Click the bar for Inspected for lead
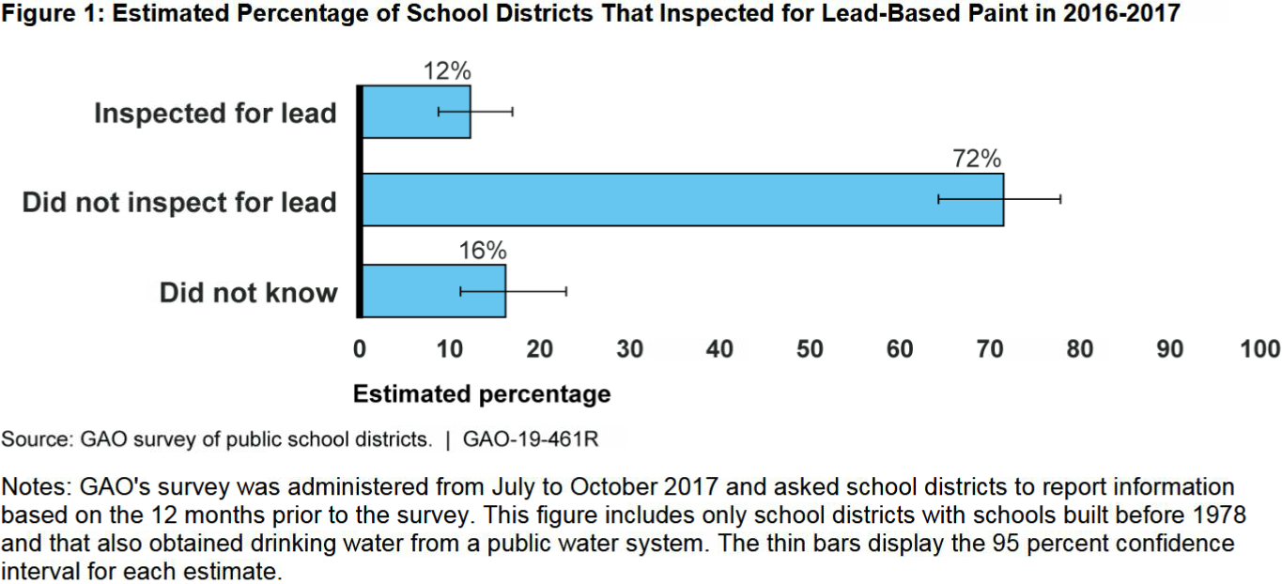pos(416,112)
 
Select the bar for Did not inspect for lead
pos(682,200)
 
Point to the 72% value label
pos(977,160)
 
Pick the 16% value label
pos(483,251)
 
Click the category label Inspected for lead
pos(215,114)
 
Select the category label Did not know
pos(248,292)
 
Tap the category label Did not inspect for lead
pos(179,202)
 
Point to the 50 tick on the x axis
pos(810,349)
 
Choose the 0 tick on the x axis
pos(360,349)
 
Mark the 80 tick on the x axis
pos(1080,349)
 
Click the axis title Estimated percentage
pos(482,394)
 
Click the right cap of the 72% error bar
pos(1060,199)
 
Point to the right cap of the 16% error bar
pos(566,291)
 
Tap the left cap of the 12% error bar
pos(439,112)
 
